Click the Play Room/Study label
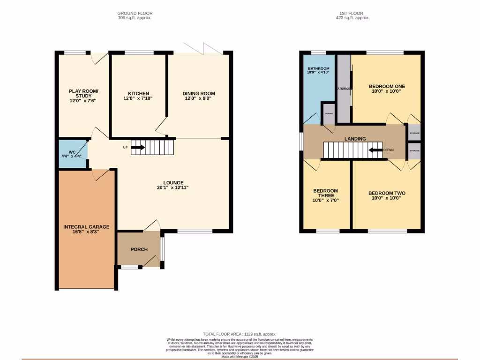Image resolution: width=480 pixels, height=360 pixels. [83, 93]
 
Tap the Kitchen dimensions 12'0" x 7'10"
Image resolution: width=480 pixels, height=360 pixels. [138, 98]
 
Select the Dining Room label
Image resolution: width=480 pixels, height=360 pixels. [199, 93]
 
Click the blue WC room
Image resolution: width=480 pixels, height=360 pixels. [72, 154]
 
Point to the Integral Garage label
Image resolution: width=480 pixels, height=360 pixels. [86, 227]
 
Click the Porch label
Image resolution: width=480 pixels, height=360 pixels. [139, 249]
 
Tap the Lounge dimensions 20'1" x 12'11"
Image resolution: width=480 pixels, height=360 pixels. [173, 187]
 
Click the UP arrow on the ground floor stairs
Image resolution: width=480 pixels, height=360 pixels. [138, 147]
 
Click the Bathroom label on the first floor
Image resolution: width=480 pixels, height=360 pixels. [318, 69]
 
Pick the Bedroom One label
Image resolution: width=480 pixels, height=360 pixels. [387, 86]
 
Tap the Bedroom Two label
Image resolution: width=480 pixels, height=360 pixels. [387, 193]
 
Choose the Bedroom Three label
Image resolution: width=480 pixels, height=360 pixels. [325, 193]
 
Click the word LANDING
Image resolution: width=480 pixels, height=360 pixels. [355, 139]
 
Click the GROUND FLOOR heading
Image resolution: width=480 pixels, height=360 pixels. [135, 14]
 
